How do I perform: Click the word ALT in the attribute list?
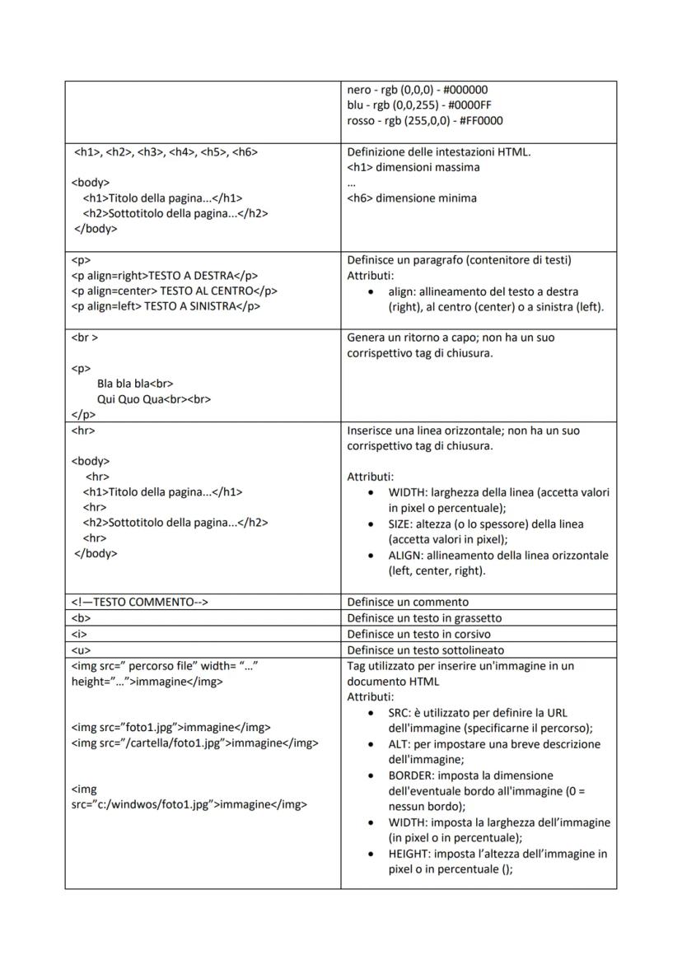coord(398,744)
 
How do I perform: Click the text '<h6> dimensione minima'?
coord(412,198)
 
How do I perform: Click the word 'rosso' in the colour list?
coord(361,121)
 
